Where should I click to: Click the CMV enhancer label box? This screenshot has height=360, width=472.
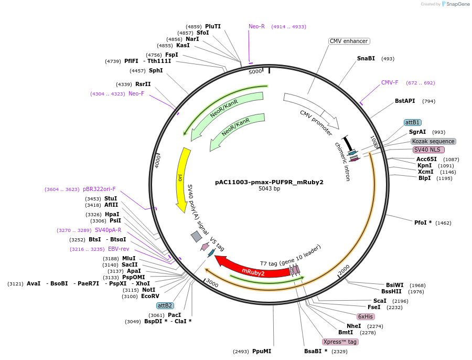[x=349, y=41]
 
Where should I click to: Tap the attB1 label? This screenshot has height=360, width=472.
[x=412, y=122]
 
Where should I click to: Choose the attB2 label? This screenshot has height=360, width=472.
[x=165, y=305]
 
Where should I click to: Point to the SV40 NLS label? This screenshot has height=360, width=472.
[x=428, y=150]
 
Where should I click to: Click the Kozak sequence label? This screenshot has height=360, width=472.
[x=433, y=141]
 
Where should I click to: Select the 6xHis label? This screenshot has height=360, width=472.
[x=365, y=316]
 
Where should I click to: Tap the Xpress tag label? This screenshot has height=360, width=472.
[x=340, y=342]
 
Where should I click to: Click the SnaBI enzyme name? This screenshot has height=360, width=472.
[x=366, y=58]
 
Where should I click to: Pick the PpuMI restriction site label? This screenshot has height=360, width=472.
[x=261, y=351]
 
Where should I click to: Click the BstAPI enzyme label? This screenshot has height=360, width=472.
[x=405, y=101]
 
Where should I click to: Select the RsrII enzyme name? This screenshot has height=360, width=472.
[x=143, y=84]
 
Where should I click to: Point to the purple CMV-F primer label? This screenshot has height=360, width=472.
[x=390, y=82]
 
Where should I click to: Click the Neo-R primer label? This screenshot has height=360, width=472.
[x=257, y=26]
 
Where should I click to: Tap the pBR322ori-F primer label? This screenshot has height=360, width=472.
[x=99, y=189]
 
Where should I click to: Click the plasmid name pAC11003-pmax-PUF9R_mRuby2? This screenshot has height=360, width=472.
[x=269, y=182]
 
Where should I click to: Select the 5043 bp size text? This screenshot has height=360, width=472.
[x=269, y=189]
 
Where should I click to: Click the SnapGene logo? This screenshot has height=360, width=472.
[x=454, y=4]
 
